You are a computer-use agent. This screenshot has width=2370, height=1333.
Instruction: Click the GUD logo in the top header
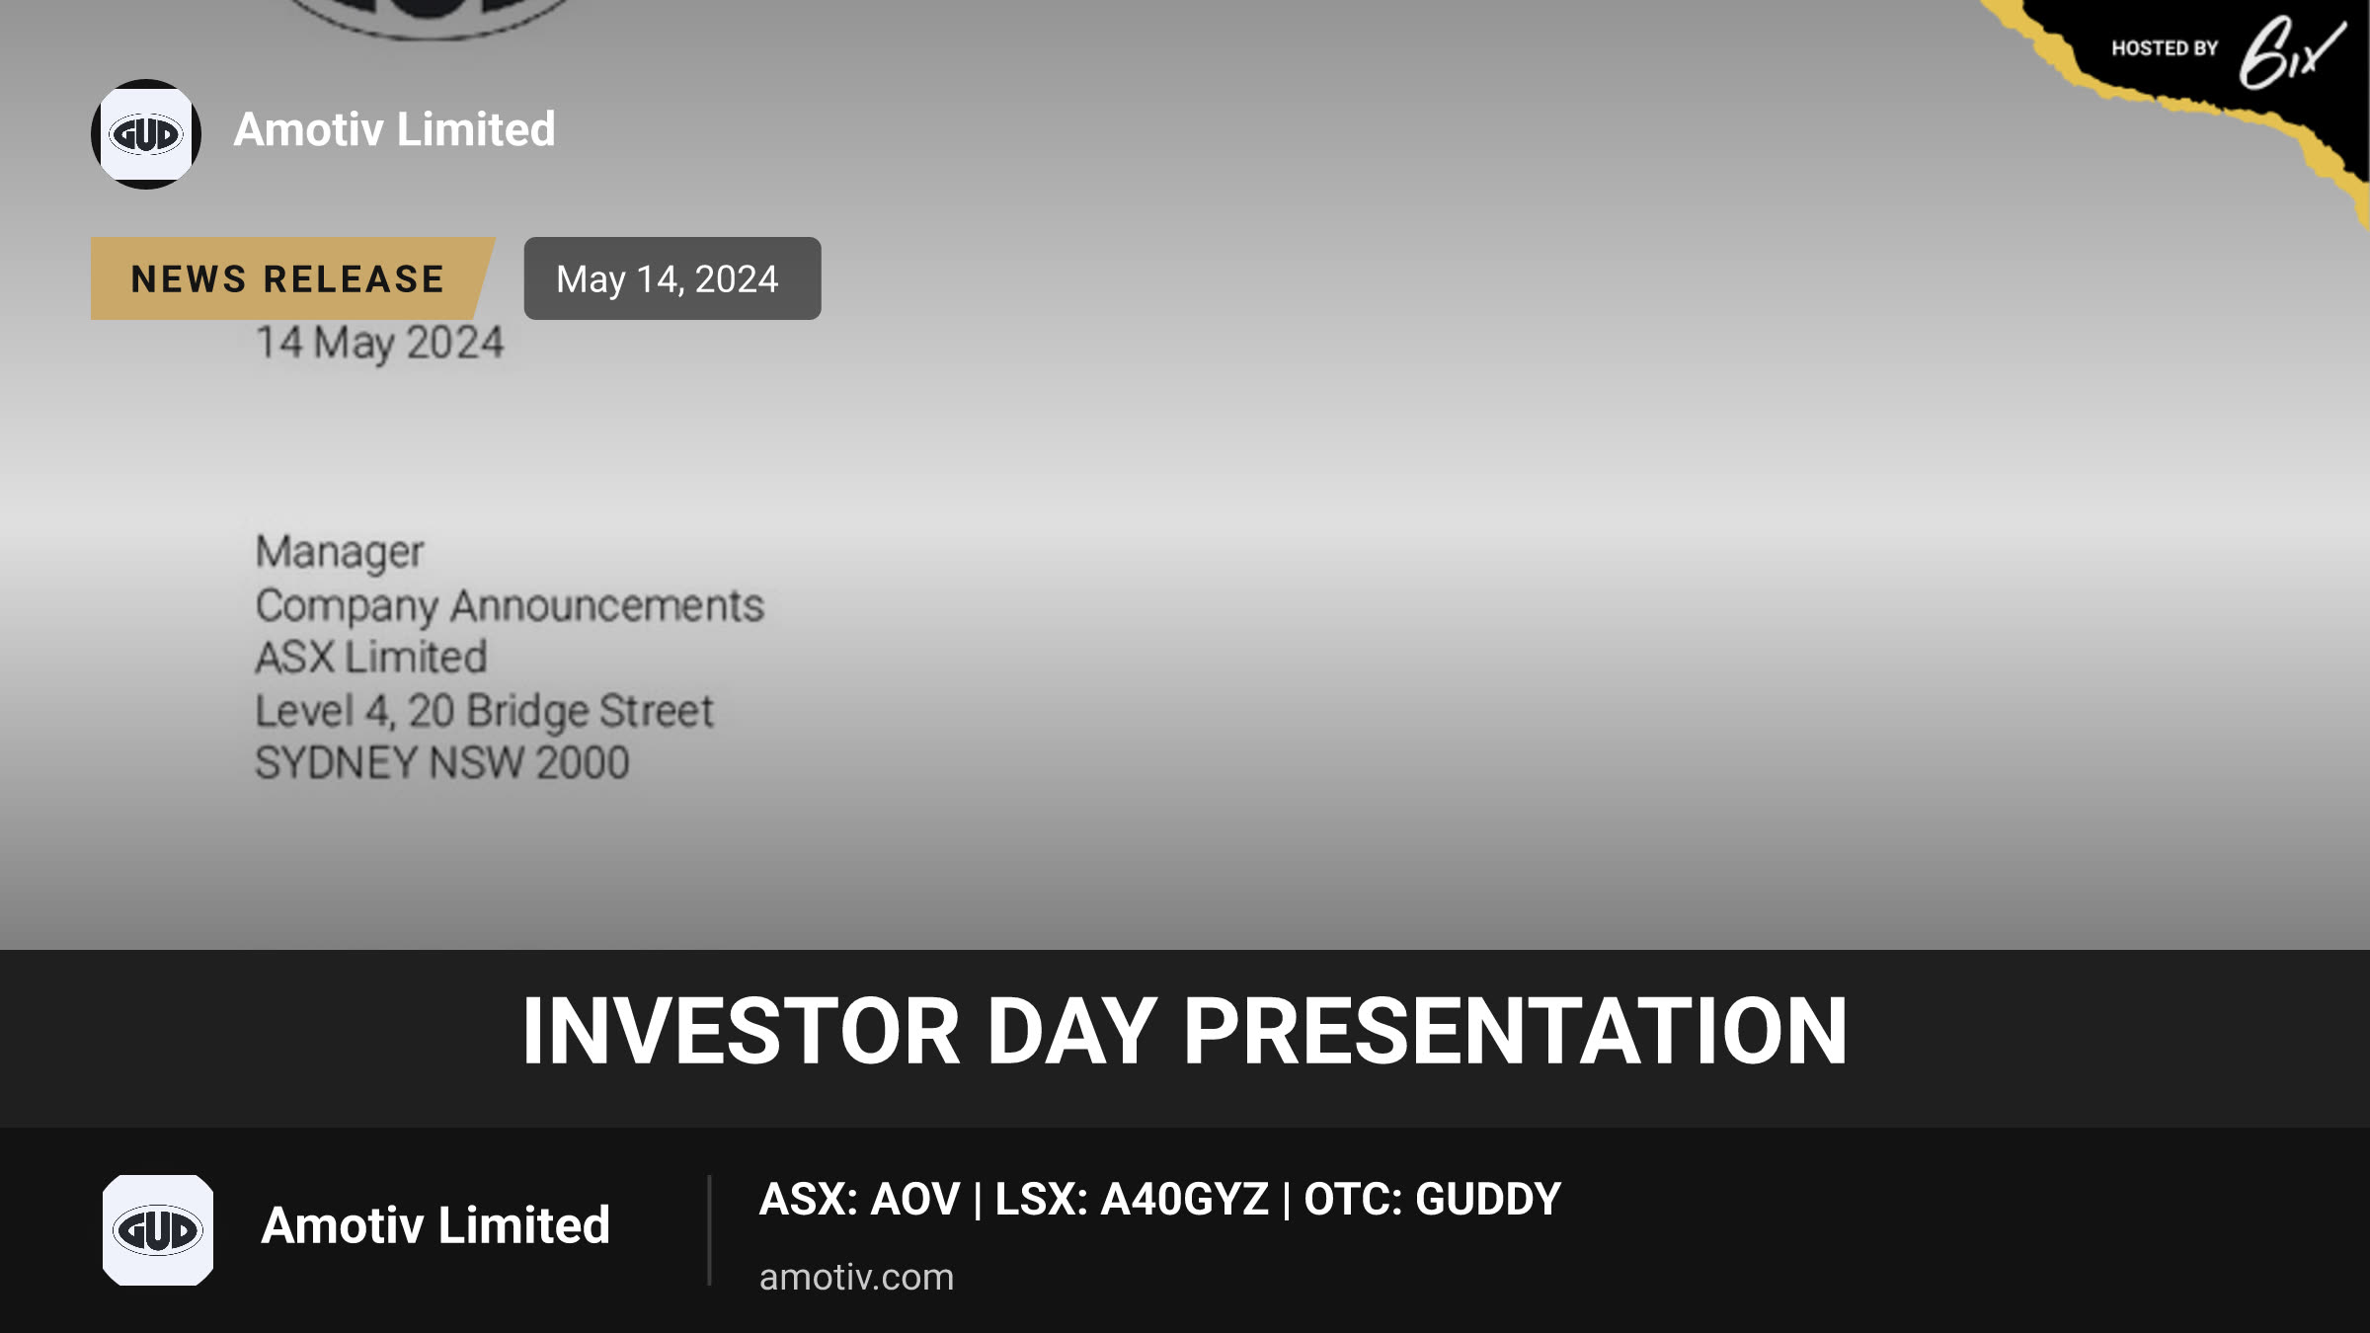(146, 134)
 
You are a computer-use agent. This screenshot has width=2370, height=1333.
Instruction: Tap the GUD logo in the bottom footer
(158, 1230)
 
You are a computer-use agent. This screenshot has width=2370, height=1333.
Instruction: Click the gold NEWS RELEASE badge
(292, 278)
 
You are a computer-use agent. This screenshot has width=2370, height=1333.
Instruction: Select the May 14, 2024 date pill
(671, 278)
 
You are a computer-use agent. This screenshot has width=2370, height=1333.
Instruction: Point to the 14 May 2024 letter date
(380, 344)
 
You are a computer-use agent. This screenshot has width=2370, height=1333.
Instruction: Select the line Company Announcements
(510, 605)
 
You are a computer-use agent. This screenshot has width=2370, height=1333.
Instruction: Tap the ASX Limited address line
(371, 658)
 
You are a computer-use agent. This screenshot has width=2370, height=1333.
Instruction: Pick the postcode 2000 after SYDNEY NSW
(583, 763)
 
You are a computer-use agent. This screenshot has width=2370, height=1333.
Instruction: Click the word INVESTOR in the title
(741, 1031)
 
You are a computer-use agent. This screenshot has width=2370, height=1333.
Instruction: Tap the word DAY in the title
(1072, 1031)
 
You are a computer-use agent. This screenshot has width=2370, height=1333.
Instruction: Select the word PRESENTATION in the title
(1515, 1031)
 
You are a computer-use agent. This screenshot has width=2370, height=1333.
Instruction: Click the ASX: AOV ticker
(859, 1199)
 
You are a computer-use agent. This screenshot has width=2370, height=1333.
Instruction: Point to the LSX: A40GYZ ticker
(1132, 1199)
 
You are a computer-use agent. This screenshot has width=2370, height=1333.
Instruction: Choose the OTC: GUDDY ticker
(1433, 1199)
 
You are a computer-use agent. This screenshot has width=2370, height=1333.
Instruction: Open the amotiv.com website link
(856, 1278)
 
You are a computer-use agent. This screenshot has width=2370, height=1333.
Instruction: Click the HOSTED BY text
(2165, 48)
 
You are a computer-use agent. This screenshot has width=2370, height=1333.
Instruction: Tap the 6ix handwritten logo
(2291, 51)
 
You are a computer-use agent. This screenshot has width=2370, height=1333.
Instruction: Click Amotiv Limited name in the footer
(435, 1225)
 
